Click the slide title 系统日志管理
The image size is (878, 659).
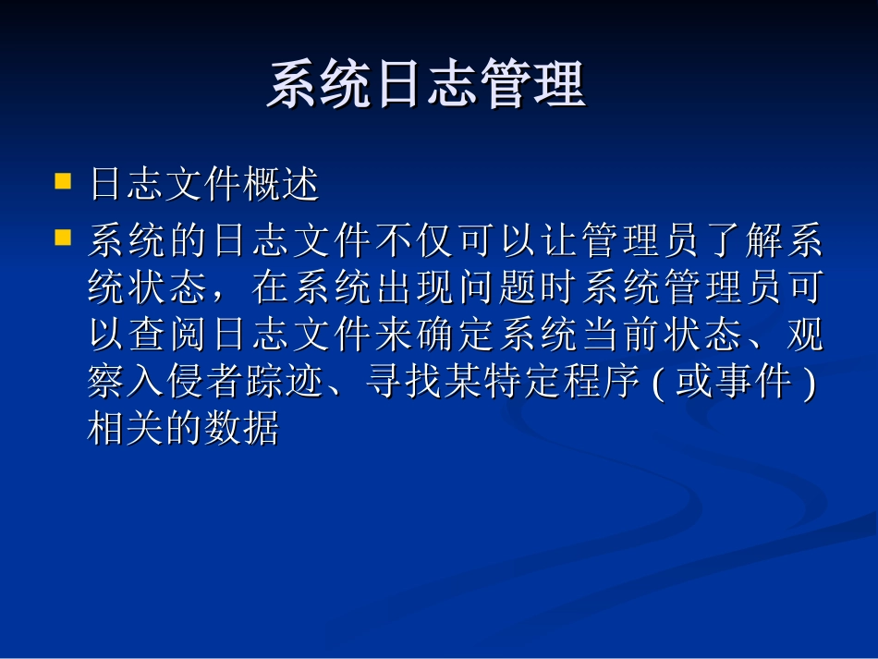click(x=426, y=86)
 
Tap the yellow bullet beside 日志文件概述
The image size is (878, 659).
click(x=64, y=179)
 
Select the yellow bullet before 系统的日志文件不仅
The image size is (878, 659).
click(x=64, y=238)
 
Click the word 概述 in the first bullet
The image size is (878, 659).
click(x=281, y=185)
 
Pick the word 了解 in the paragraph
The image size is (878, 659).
click(x=739, y=242)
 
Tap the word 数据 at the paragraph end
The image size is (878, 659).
click(x=240, y=429)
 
